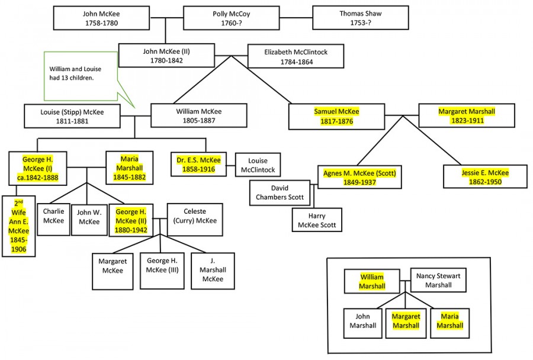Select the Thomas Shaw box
click(x=360, y=18)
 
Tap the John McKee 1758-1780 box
click(x=100, y=18)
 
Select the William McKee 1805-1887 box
click(x=198, y=116)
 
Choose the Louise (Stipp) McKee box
click(x=73, y=116)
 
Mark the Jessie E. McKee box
click(x=485, y=177)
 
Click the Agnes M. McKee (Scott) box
click(x=359, y=177)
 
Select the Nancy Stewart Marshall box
click(x=438, y=281)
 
